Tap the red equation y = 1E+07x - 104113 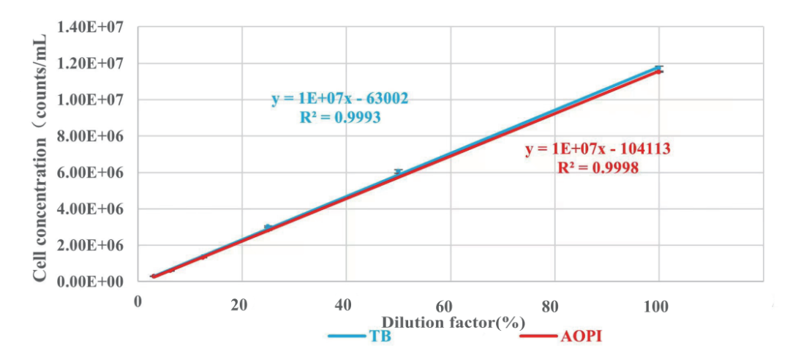(598, 149)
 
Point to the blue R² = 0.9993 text (339, 117)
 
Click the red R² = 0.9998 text (598, 168)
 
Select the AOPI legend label (583, 337)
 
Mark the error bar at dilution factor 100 (659, 68)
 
